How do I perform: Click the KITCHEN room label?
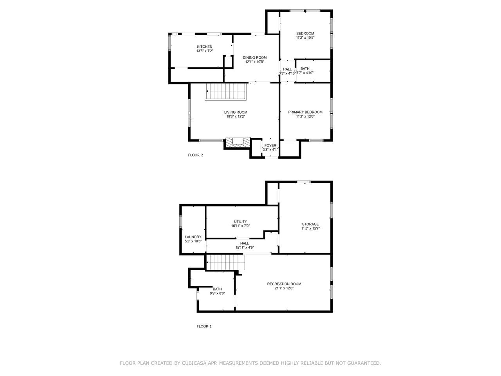(x=204, y=47)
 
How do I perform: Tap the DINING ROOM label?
(x=254, y=58)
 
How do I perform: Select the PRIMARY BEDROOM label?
(x=305, y=112)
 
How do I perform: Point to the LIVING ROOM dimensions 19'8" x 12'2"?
(x=236, y=116)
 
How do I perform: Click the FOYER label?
(x=270, y=145)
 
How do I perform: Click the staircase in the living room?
(x=226, y=92)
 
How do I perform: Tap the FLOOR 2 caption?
(x=195, y=155)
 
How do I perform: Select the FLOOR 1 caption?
(x=204, y=326)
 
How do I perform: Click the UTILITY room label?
(x=240, y=222)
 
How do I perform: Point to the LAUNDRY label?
(x=193, y=237)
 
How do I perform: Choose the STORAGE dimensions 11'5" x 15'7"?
(x=310, y=228)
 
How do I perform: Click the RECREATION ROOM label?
(x=284, y=284)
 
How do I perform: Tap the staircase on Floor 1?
(x=225, y=262)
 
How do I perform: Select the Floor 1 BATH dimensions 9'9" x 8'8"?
(x=217, y=293)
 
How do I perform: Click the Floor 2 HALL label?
(x=287, y=69)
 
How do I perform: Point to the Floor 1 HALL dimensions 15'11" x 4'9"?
(x=245, y=248)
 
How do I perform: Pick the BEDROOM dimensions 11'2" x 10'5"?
(x=305, y=38)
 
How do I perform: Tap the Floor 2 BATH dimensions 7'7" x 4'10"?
(x=305, y=73)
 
